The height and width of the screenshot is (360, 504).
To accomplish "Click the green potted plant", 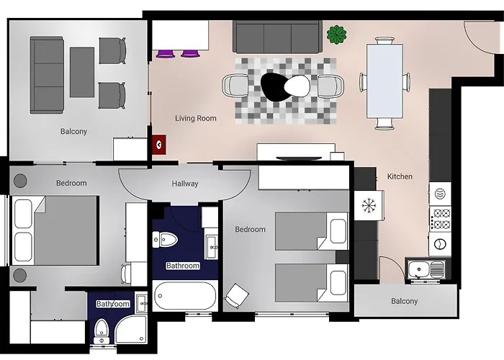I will [x=336, y=33].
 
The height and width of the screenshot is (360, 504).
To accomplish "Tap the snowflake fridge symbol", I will [x=369, y=206].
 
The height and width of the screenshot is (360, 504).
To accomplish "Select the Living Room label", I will [x=196, y=118].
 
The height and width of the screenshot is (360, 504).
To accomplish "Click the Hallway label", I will [x=185, y=184].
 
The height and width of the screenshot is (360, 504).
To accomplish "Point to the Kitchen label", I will [x=400, y=176].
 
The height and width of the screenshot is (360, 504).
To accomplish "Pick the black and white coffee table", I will [x=286, y=87].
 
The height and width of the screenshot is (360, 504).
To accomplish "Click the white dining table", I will [x=385, y=81].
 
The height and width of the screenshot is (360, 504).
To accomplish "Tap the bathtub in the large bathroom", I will [x=185, y=296].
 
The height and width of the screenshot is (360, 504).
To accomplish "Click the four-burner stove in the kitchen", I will [x=439, y=217].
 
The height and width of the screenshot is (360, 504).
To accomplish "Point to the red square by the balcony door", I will [x=159, y=143].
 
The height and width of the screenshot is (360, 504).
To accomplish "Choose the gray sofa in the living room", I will [x=277, y=36].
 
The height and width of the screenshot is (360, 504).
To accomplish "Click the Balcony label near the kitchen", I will [x=404, y=301].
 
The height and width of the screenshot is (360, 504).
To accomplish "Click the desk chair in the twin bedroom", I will [x=236, y=294].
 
